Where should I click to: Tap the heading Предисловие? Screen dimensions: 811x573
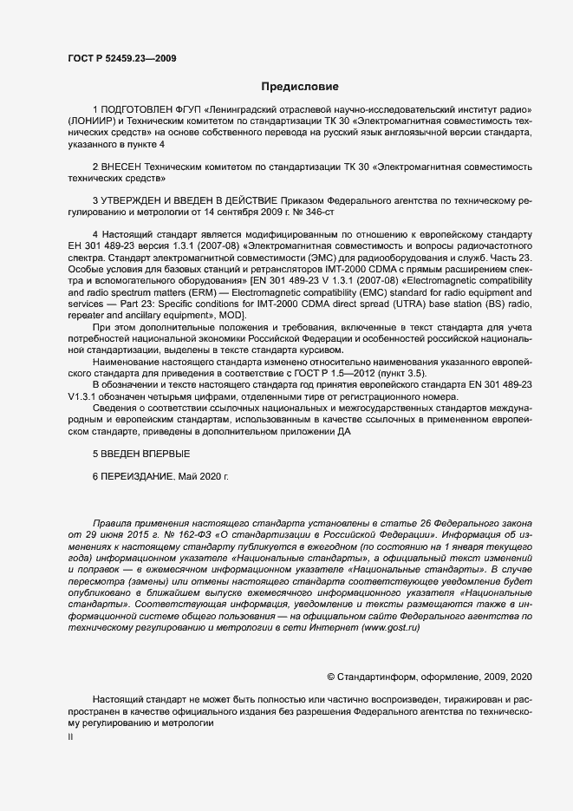pos(301,87)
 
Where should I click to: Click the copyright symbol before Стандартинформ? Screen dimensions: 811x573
pos(330,676)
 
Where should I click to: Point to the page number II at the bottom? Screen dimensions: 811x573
pos(70,736)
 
